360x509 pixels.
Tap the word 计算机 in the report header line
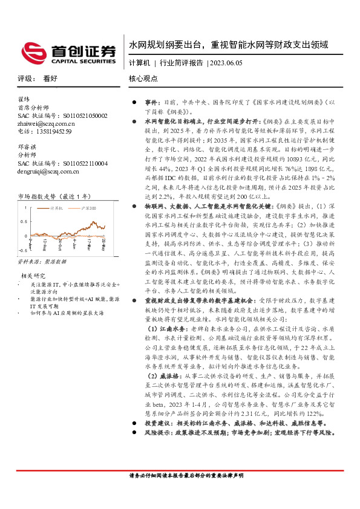click(139, 62)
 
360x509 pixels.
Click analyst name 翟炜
click(24, 99)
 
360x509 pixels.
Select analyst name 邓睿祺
click(26, 147)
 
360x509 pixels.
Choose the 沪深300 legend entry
click(88, 207)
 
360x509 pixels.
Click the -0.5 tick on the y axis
click(22, 248)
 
